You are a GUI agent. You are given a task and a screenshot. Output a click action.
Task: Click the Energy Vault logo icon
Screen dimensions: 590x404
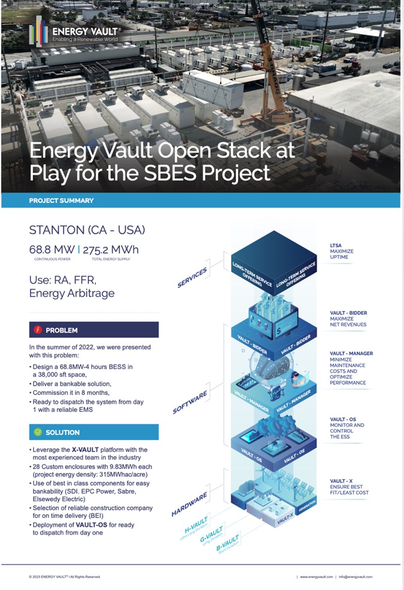tap(39, 31)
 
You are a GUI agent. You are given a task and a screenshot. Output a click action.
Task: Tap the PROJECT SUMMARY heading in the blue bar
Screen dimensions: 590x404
tap(61, 200)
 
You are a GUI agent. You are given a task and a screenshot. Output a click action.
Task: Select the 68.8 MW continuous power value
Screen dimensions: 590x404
tap(52, 250)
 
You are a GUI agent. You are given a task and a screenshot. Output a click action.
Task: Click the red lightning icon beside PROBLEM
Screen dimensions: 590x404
tap(37, 330)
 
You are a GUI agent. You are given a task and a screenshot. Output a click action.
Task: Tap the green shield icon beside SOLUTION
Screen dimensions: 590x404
tap(37, 432)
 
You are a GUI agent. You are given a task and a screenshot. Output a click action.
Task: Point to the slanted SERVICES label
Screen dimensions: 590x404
tap(192, 277)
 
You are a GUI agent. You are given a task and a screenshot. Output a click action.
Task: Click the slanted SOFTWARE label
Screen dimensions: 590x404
tap(190, 402)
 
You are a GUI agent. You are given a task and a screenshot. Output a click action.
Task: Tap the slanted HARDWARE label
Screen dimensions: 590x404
tap(189, 504)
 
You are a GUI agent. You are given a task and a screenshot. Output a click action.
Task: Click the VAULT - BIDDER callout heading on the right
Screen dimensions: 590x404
tap(348, 313)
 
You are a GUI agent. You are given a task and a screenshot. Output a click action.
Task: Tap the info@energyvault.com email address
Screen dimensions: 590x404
tap(355, 577)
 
